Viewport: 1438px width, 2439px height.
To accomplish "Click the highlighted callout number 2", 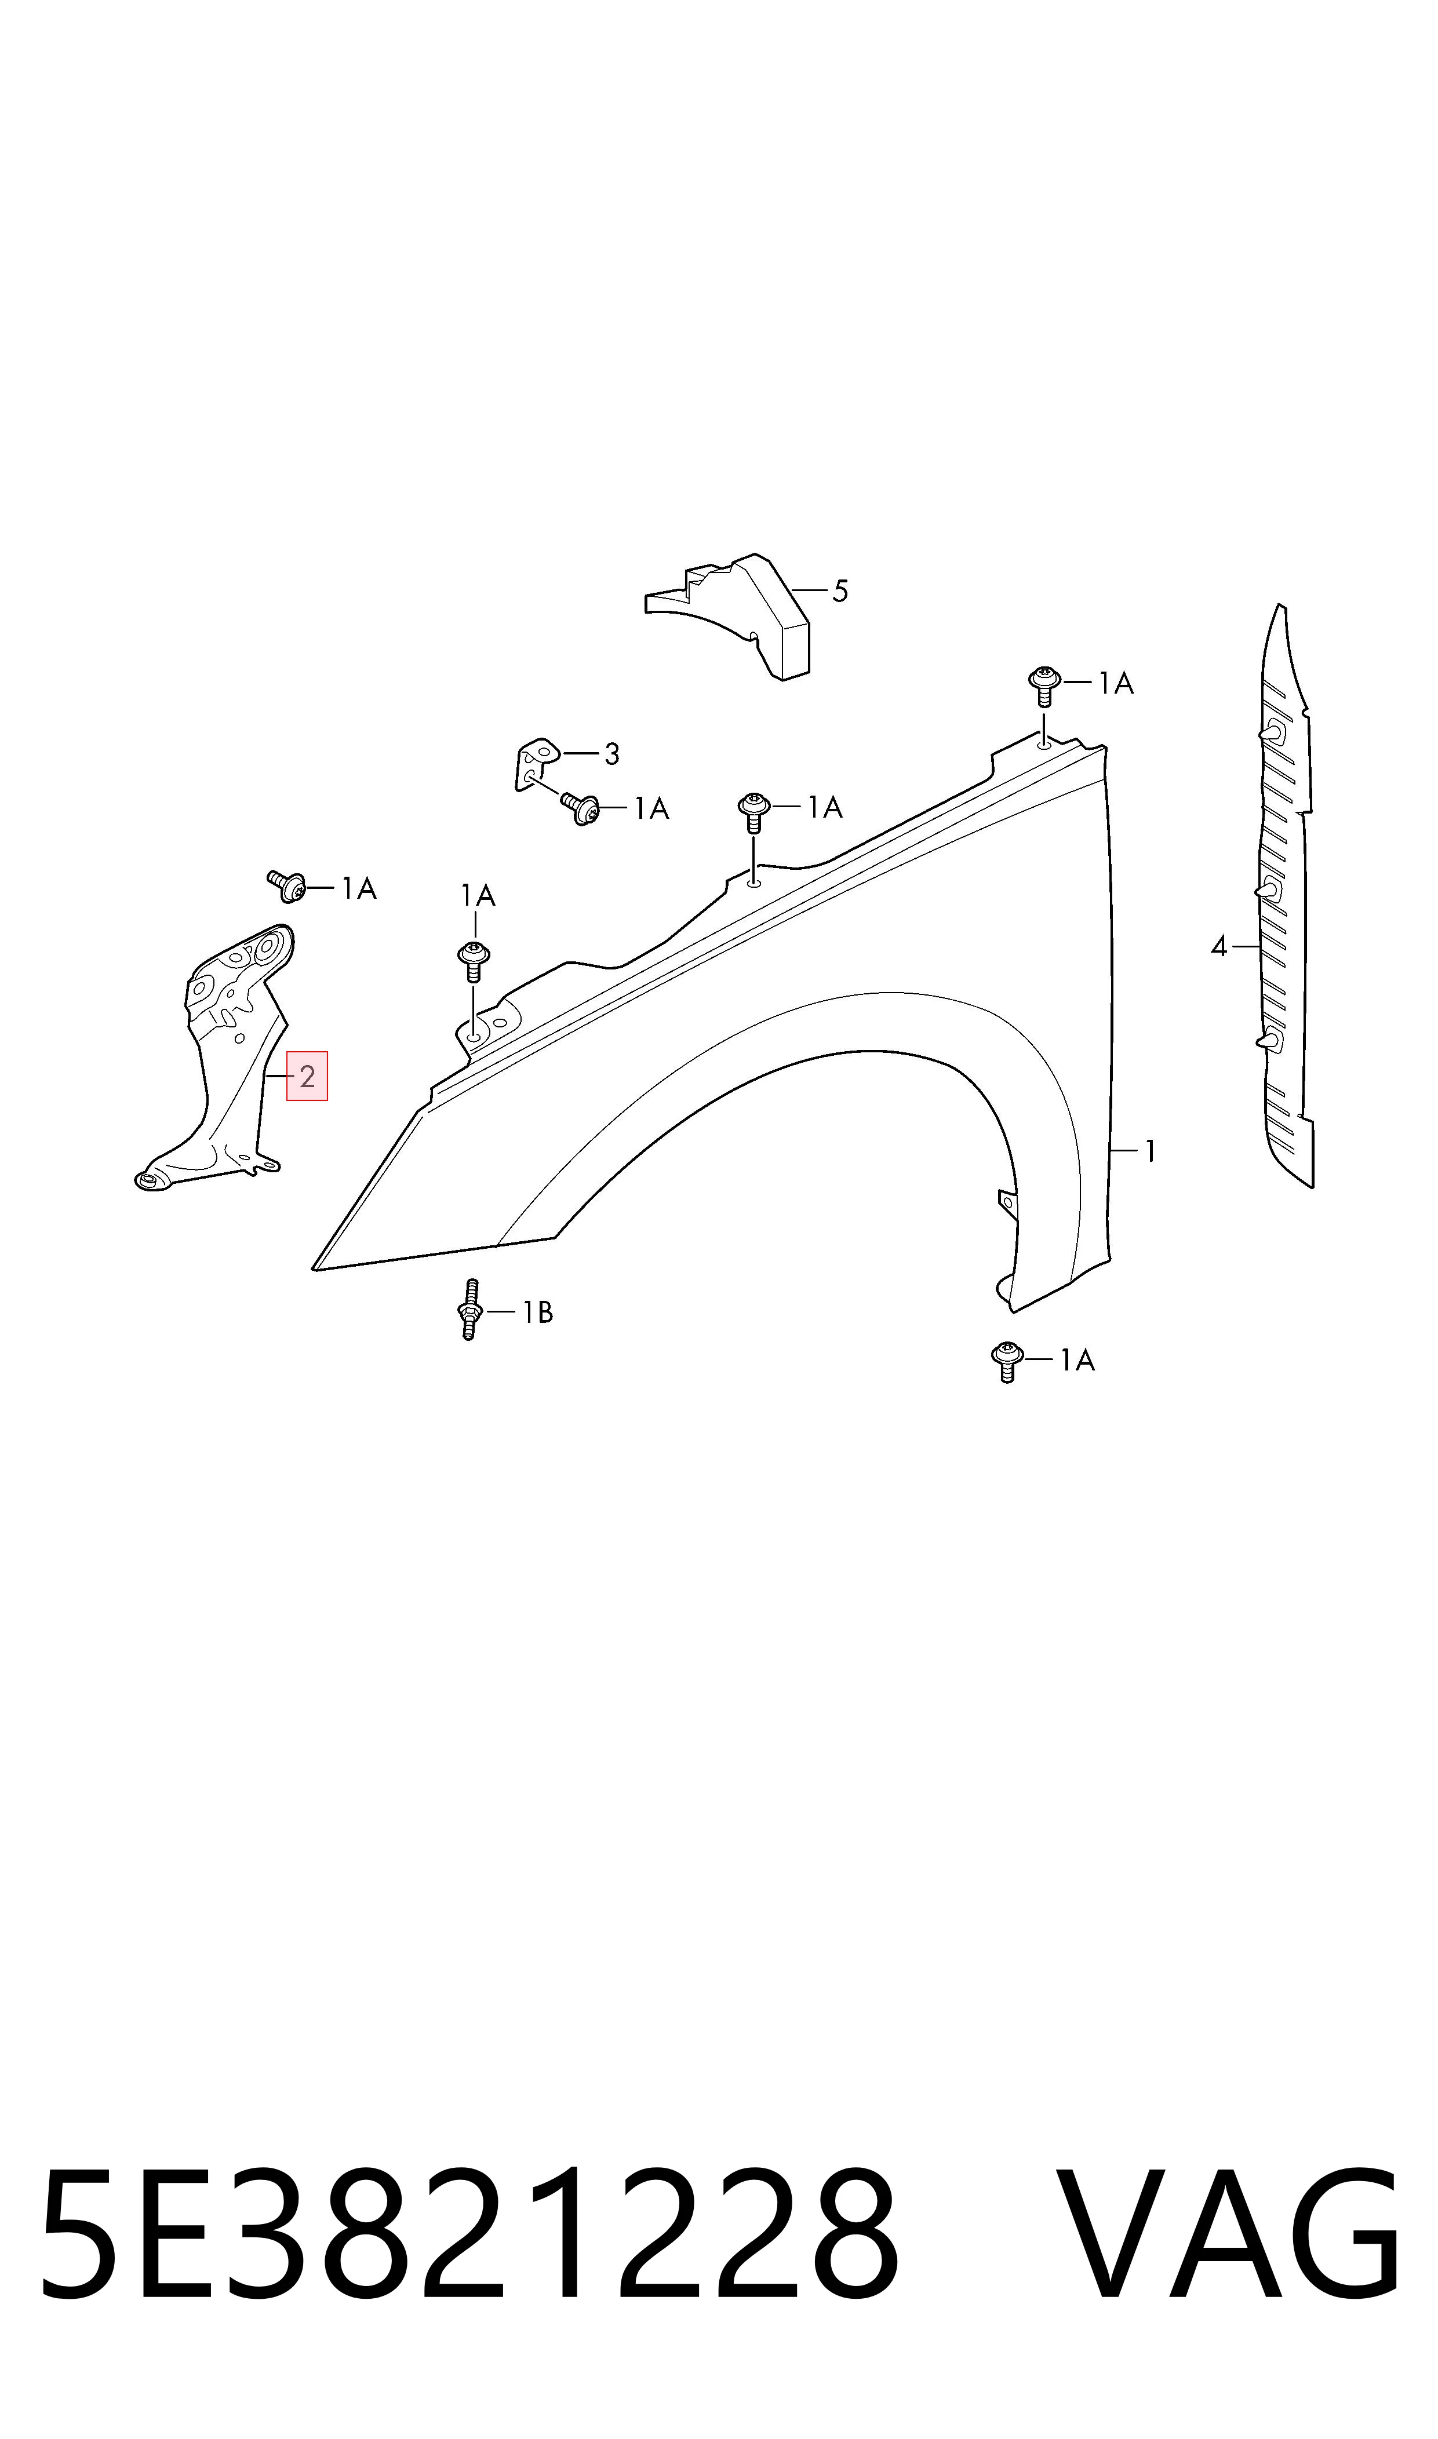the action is [307, 1076].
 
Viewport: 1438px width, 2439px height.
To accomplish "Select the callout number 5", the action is [840, 591].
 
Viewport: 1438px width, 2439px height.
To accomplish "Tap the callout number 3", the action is [611, 753].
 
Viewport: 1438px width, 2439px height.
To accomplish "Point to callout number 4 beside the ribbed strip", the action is [1219, 946].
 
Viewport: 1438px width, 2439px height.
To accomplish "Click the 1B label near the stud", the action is [538, 1313].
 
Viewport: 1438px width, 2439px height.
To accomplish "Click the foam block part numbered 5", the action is [729, 616].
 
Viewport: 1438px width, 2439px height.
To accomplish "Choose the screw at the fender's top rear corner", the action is [1044, 685].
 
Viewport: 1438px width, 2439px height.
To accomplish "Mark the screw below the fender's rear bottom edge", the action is [1008, 1362].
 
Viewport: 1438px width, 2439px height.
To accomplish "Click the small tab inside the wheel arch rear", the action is [1007, 1202].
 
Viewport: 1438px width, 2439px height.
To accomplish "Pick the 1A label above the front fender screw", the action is [478, 896].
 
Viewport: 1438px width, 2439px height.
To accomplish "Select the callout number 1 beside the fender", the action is [1150, 1151].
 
